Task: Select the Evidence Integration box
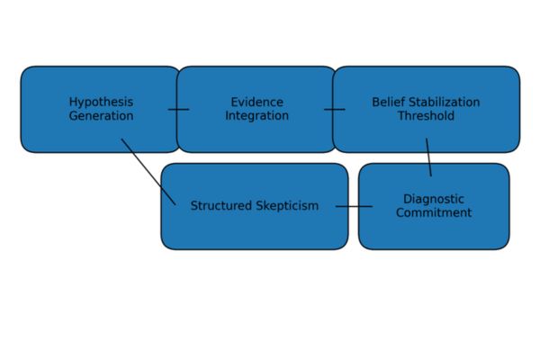(256, 130)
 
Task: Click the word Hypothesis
(101, 102)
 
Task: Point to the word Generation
(101, 116)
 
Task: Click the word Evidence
(256, 102)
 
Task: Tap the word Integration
(256, 116)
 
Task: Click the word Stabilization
(445, 102)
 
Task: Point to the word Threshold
(426, 116)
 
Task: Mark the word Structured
(221, 206)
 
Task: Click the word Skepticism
(287, 206)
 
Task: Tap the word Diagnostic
(434, 199)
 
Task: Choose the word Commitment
(434, 213)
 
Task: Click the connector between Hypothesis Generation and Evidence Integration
(178, 110)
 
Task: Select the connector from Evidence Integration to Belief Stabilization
(335, 110)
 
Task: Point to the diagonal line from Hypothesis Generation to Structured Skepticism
(148, 171)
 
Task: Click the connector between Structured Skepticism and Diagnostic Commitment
(354, 207)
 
